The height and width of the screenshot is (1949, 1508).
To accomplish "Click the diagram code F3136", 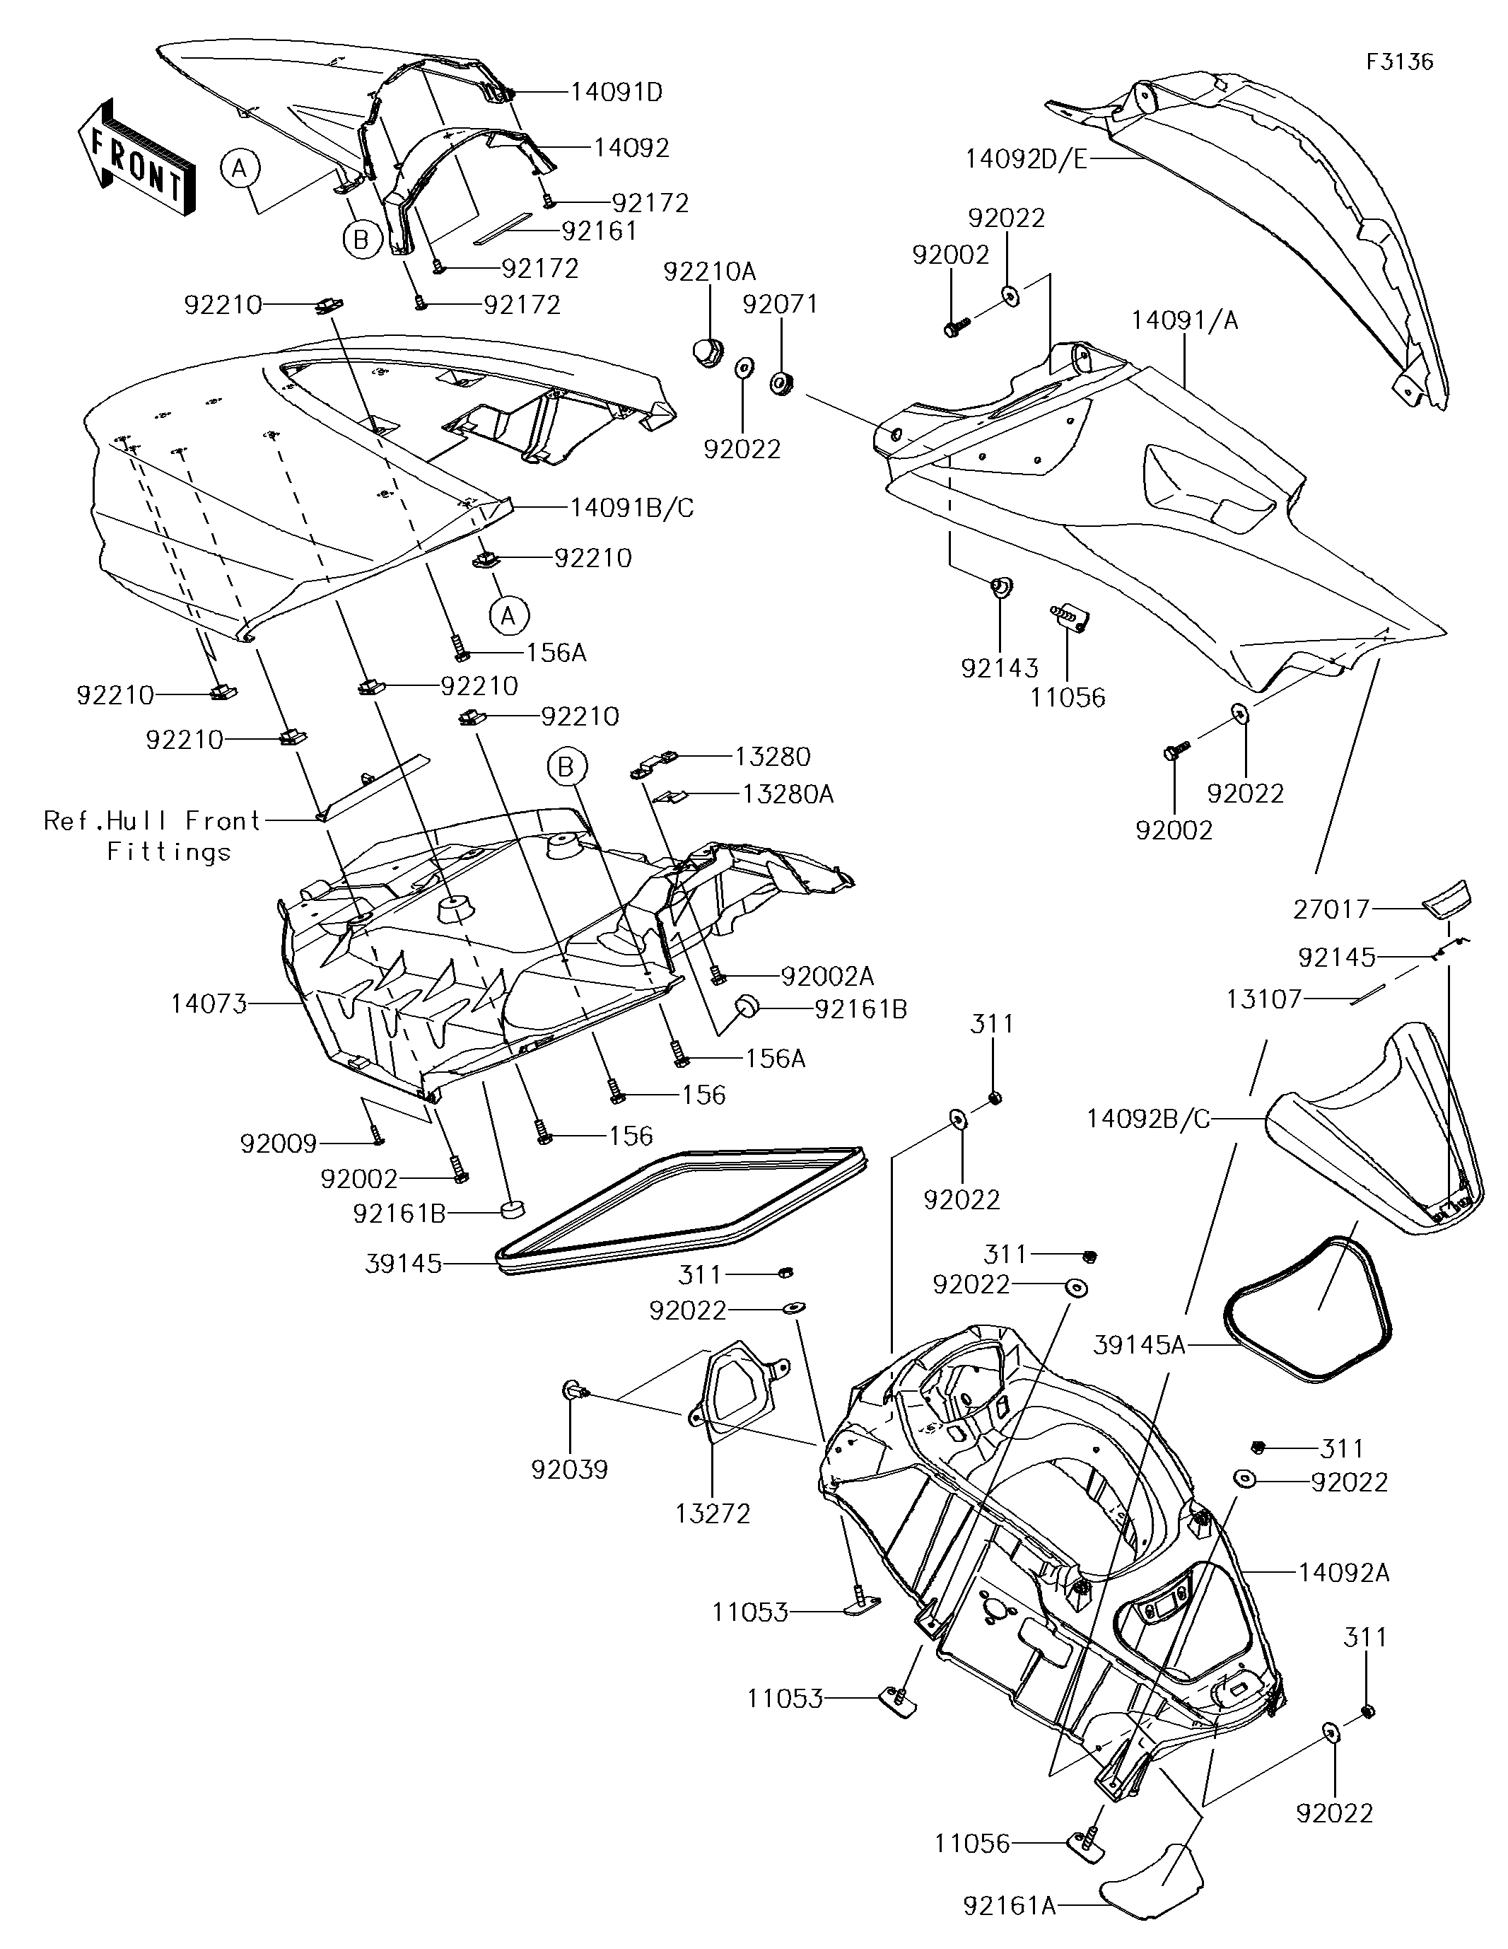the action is [x=1399, y=62].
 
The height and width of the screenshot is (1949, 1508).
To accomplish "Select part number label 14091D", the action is [x=616, y=92].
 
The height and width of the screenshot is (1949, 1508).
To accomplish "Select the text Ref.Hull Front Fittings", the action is [x=153, y=836].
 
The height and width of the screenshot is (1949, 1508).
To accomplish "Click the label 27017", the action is [x=1331, y=909].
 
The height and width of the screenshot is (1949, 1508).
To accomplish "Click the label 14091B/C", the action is [x=633, y=508].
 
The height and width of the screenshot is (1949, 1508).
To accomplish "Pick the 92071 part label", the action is [x=780, y=304].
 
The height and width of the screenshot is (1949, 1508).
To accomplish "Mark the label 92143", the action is [x=1000, y=668].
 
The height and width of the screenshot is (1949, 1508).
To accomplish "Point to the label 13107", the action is [x=1263, y=999].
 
